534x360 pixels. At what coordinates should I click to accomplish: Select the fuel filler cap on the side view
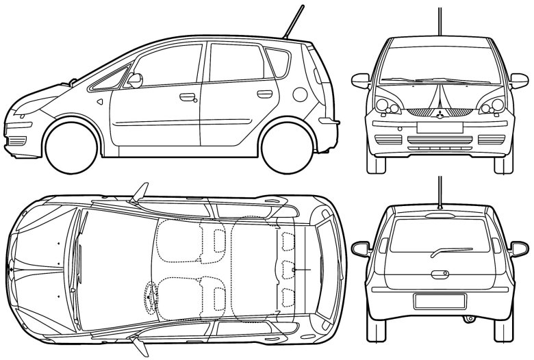299,94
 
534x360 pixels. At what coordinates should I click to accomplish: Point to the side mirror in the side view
135,80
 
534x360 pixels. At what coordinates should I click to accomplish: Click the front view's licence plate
440,127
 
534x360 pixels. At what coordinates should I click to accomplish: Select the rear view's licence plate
440,300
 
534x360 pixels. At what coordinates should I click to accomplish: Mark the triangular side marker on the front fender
100,102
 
